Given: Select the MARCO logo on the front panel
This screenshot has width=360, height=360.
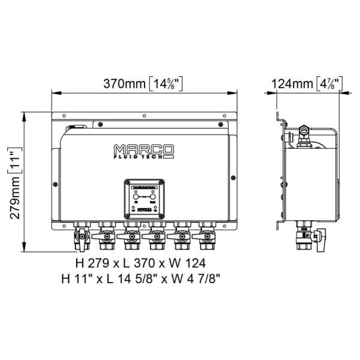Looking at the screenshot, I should [x=143, y=151].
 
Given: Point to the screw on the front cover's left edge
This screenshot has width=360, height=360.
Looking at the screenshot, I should [x=56, y=184].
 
